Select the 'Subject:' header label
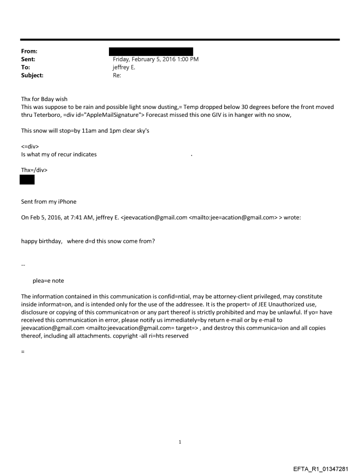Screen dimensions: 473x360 (32, 75)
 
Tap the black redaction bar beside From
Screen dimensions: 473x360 (151, 52)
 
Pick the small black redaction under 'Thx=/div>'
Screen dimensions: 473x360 (27, 179)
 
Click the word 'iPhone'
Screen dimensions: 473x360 (66, 201)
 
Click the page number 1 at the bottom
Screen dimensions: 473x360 (180, 442)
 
